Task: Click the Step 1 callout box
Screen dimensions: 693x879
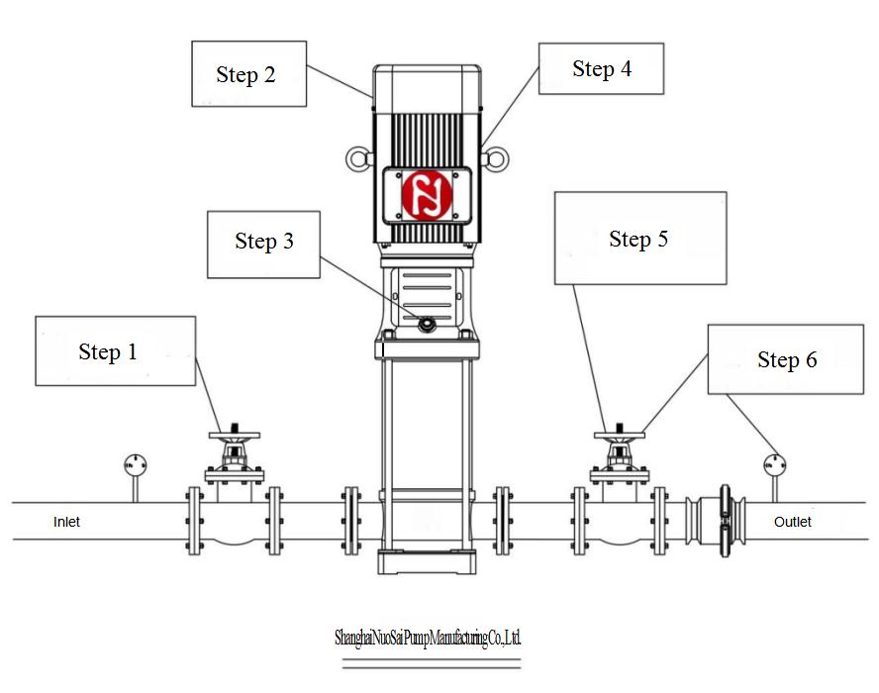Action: click(115, 351)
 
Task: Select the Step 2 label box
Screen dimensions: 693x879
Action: click(248, 74)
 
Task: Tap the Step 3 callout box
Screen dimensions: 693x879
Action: click(263, 244)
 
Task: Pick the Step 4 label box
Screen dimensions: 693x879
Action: click(601, 69)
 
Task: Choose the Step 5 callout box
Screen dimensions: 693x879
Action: click(639, 239)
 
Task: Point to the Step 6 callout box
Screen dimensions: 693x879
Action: click(786, 359)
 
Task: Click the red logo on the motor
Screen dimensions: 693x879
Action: click(427, 193)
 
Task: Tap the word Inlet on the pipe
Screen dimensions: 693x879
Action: click(66, 522)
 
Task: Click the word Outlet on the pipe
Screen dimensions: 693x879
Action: click(793, 522)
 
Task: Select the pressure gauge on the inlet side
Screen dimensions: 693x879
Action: click(134, 463)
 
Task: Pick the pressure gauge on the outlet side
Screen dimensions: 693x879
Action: click(773, 462)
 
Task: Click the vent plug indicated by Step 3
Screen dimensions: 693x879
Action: click(426, 322)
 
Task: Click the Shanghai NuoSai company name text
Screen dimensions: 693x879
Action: click(427, 639)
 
